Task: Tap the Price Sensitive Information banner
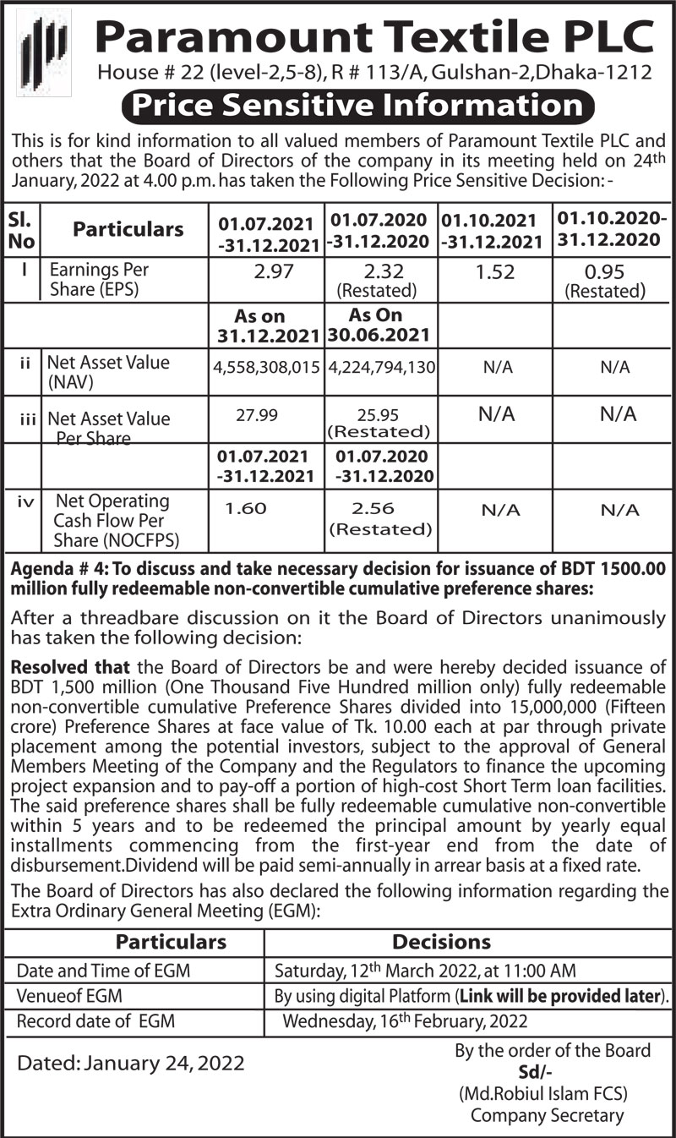point(357,106)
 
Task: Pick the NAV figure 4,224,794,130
point(380,368)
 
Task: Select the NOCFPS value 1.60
point(246,508)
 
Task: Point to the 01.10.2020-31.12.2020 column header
point(608,229)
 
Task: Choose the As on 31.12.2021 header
point(266,326)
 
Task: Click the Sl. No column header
point(20,229)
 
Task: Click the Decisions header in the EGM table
point(441,942)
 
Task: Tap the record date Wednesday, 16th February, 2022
point(405,1020)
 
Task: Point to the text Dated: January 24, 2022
point(131,1063)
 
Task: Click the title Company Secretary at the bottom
point(547,1115)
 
